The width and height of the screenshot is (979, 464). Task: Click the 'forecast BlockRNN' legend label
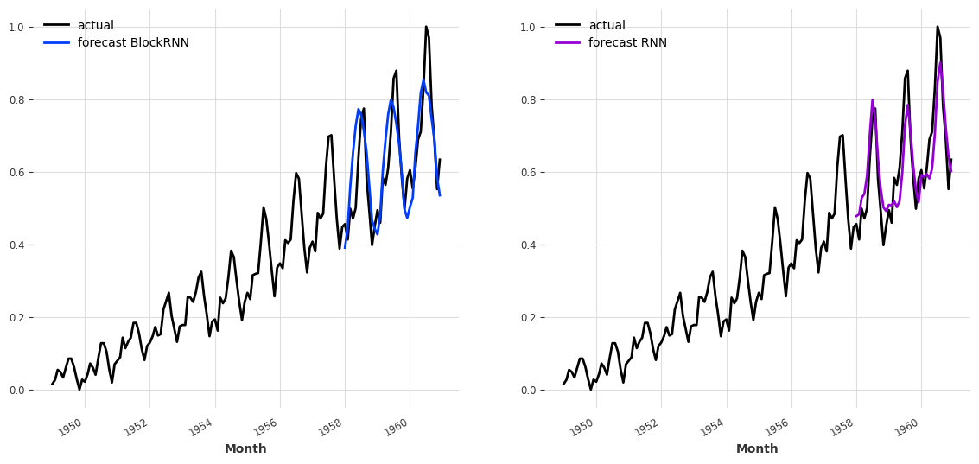click(x=133, y=43)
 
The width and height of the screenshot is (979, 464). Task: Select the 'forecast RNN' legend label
click(x=627, y=43)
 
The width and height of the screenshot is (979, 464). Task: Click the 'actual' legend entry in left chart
click(x=95, y=26)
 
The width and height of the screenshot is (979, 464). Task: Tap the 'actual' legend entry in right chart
click(x=607, y=26)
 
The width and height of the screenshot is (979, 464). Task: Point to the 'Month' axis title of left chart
click(x=245, y=449)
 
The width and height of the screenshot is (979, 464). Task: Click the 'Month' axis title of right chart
click(x=757, y=449)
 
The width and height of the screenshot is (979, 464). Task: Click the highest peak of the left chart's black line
click(x=426, y=27)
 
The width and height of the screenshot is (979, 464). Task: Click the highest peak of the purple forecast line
click(x=940, y=62)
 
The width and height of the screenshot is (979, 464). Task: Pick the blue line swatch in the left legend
click(x=57, y=43)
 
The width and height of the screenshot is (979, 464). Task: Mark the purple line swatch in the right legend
click(x=569, y=43)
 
